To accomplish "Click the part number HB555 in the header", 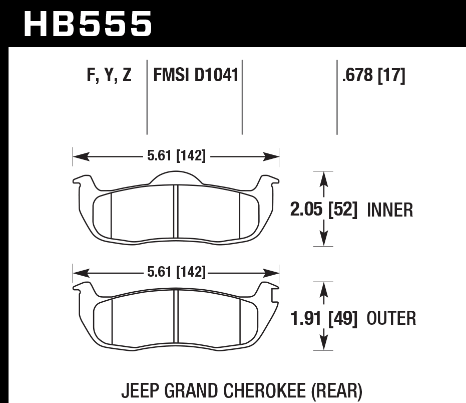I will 88,24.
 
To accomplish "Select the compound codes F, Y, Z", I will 109,76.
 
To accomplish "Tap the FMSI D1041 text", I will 195,76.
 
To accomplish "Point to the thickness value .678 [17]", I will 373,76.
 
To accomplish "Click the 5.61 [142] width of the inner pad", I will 176,156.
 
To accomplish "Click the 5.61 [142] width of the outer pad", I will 176,273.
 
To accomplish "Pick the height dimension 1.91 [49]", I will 324,318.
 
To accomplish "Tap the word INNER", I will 390,210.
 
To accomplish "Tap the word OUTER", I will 391,318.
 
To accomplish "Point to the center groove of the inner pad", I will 176,213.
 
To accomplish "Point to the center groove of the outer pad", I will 176,321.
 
